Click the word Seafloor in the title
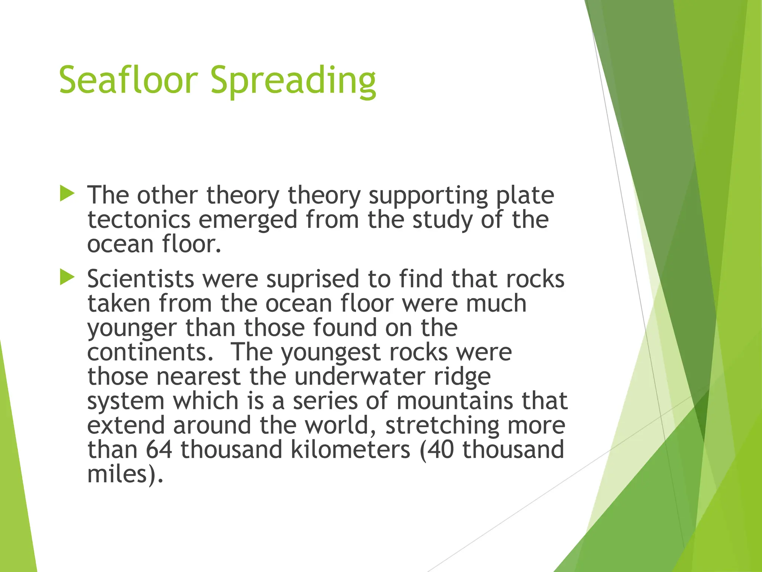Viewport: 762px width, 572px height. coord(128,80)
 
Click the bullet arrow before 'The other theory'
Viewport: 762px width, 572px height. coord(67,194)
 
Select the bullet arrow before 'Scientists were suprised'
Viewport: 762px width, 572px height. coord(67,278)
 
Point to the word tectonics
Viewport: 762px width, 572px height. coord(139,220)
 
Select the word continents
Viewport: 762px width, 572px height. coord(150,352)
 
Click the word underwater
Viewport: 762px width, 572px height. coord(359,377)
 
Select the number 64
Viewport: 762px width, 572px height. coord(159,450)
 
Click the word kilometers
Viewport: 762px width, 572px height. coord(350,450)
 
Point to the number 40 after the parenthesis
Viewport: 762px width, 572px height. coord(441,450)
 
